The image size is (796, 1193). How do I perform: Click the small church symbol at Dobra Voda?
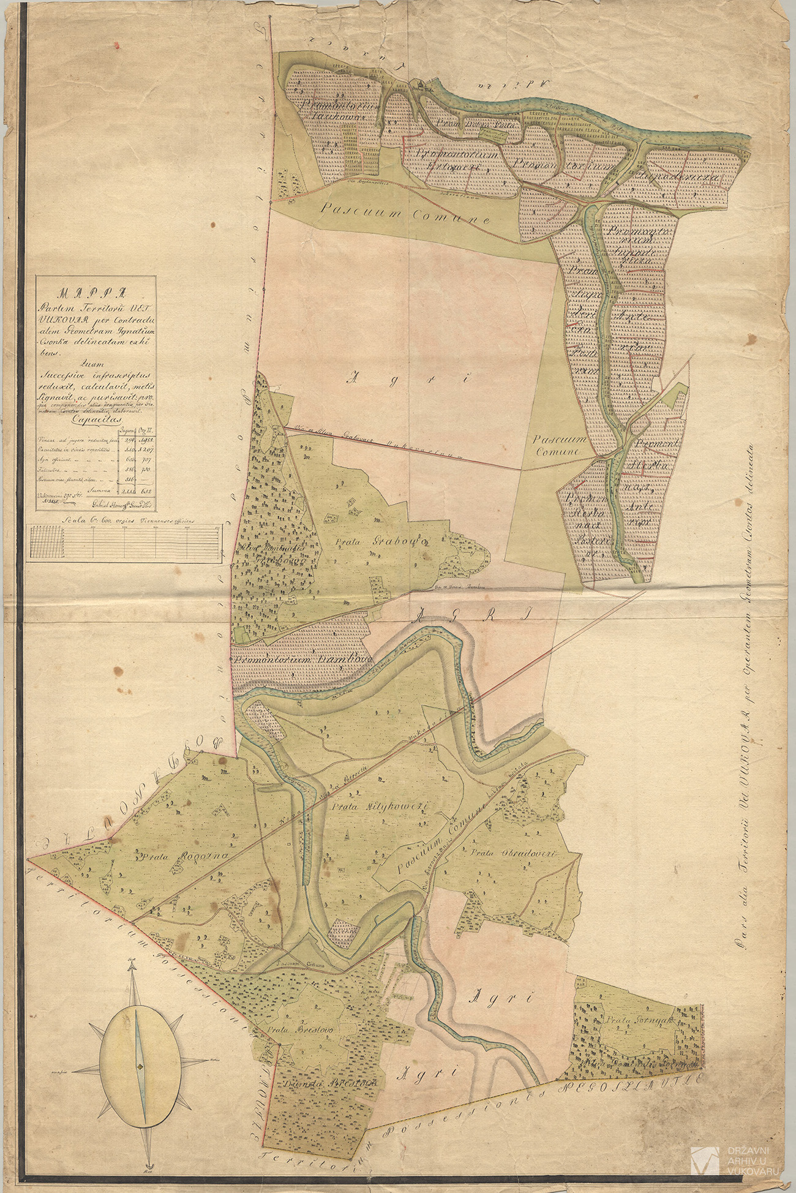point(421,85)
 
